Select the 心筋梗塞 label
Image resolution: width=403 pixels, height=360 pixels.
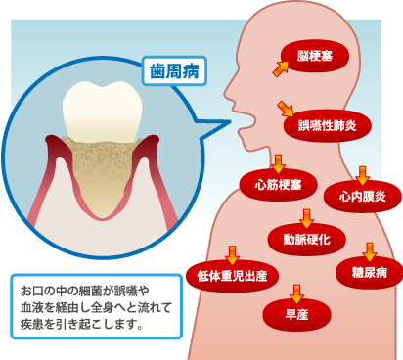click(278, 184)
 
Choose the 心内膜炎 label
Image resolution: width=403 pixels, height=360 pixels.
click(363, 197)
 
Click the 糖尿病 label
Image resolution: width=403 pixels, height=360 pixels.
click(369, 271)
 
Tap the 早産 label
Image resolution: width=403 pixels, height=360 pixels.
click(296, 315)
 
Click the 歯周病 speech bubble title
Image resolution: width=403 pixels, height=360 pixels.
click(173, 71)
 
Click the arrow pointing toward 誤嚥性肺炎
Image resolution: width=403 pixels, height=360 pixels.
click(286, 107)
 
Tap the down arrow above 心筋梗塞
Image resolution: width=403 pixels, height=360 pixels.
click(277, 161)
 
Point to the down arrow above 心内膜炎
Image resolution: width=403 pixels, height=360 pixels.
click(362, 174)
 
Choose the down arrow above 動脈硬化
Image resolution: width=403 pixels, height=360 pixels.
click(306, 216)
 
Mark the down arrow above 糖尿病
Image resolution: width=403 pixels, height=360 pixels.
click(370, 250)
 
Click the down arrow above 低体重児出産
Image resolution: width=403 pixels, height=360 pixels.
click(232, 253)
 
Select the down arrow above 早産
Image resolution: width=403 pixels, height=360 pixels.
click(296, 292)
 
